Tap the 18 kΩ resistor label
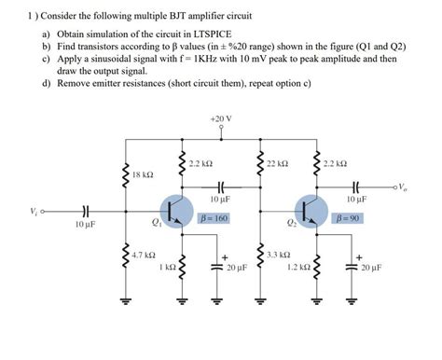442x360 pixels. (x=143, y=174)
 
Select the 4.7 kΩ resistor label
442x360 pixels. (x=142, y=254)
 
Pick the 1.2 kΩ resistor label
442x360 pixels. (x=298, y=267)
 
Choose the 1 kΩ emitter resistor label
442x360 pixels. (x=167, y=267)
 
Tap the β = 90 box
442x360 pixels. (x=347, y=217)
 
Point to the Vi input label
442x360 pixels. (x=35, y=213)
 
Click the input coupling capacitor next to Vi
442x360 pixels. (x=86, y=213)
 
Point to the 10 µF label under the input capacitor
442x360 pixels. (x=86, y=225)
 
